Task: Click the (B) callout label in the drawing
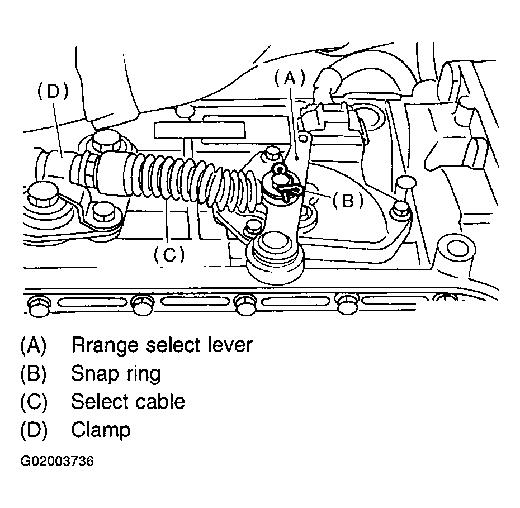pyautogui.click(x=347, y=200)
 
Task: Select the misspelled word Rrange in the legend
pyautogui.click(x=105, y=345)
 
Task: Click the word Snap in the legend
pyautogui.click(x=93, y=373)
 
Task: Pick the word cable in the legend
pyautogui.click(x=159, y=401)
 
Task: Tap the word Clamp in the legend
pyautogui.click(x=101, y=430)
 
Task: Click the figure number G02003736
pyautogui.click(x=57, y=462)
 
